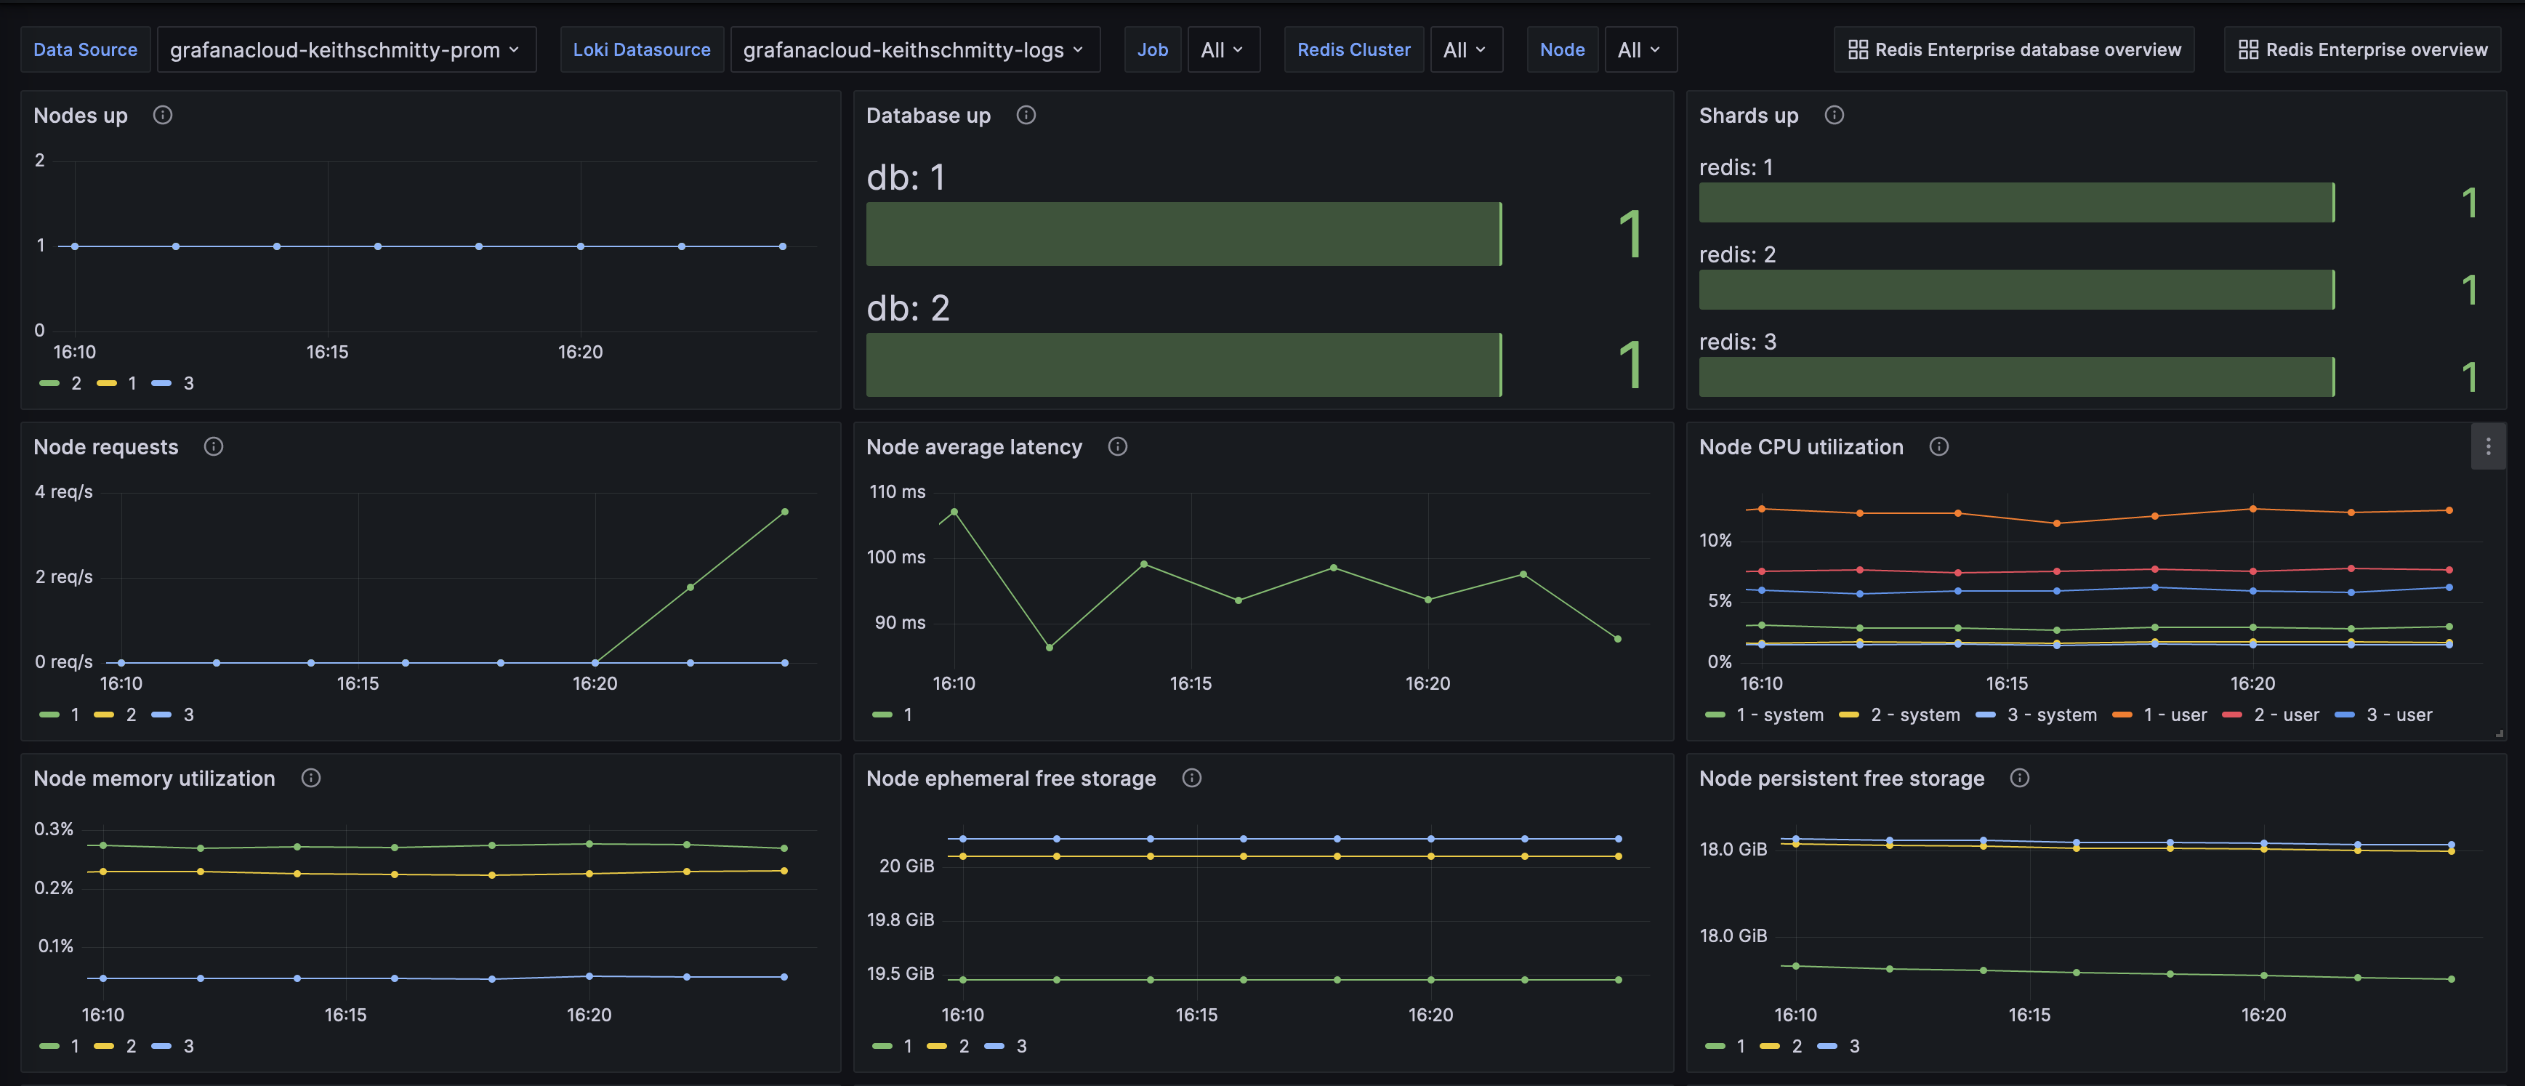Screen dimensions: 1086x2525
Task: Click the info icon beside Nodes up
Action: [163, 116]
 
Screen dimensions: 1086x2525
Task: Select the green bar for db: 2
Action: [1183, 365]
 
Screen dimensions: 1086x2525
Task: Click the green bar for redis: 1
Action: [2015, 203]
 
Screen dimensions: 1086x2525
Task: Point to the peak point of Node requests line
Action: [784, 512]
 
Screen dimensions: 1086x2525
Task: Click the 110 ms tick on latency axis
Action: [897, 492]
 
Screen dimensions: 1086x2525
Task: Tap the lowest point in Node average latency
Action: [1049, 647]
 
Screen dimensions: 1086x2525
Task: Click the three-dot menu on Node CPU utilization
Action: [2488, 447]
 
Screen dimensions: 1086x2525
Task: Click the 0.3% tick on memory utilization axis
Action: [54, 829]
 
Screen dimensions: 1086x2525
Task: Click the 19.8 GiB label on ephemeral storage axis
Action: [900, 920]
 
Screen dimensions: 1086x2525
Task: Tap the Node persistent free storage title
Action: [1841, 779]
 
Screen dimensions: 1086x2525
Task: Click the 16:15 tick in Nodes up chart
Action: [327, 352]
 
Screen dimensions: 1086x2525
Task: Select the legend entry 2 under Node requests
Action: [130, 715]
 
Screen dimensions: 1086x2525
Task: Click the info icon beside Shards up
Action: [1834, 116]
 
